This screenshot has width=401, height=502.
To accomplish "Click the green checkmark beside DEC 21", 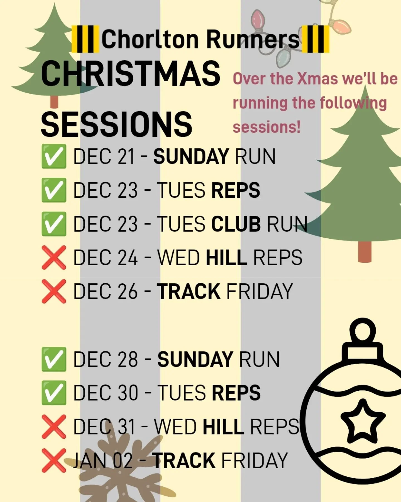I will coord(54,156).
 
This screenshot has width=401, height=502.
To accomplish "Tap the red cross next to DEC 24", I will coord(54,257).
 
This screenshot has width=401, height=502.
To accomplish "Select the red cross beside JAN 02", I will coord(54,460).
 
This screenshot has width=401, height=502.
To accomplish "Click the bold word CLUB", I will coord(236,224).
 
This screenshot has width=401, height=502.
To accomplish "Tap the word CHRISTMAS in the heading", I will coord(130,74).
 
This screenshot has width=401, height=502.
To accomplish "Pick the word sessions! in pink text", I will coord(266,127).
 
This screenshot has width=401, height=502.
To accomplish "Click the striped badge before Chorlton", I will coord(85,39).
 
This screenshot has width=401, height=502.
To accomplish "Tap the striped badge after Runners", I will coord(316,39).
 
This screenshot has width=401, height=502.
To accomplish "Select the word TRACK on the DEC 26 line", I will coord(188,291).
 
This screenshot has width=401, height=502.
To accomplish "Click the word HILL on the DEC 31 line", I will coord(223,427).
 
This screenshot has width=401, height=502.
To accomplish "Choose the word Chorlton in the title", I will coord(150,39).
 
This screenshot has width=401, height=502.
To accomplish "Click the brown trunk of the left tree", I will coord(55,102).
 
